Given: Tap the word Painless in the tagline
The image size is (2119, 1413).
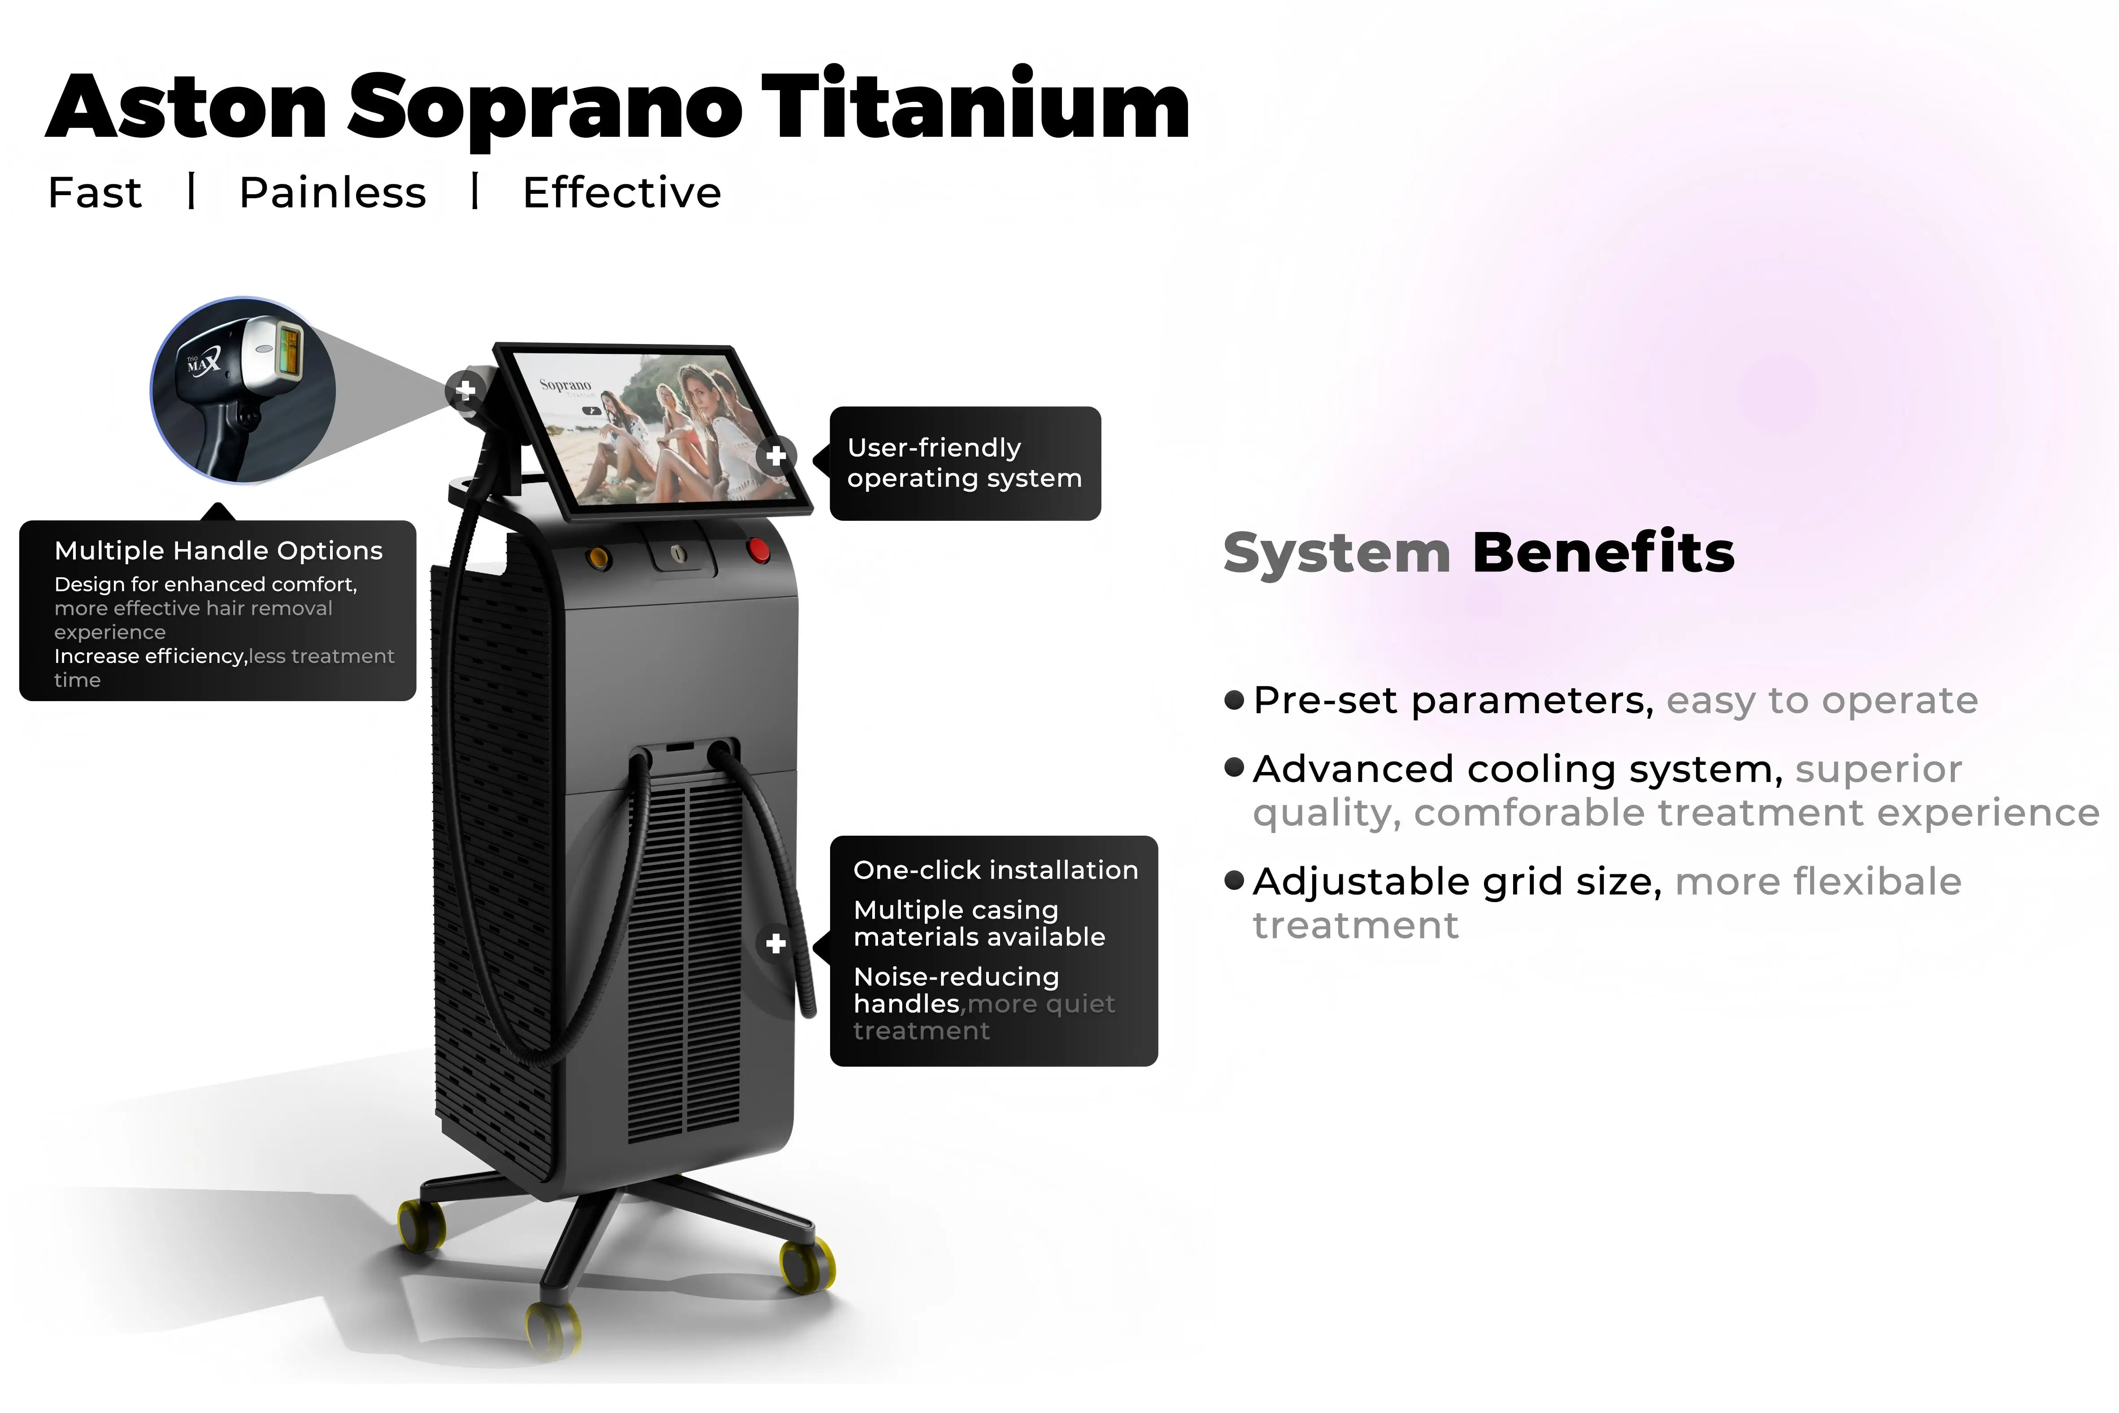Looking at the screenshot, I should click(332, 193).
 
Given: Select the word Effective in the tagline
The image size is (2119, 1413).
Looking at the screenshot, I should click(622, 193).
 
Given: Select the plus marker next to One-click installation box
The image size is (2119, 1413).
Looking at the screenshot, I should click(776, 943).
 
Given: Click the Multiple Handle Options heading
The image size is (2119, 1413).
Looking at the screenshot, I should click(218, 550).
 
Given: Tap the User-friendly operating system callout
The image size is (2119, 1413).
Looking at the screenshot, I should click(964, 463).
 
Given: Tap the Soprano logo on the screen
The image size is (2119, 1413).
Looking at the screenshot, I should click(565, 386).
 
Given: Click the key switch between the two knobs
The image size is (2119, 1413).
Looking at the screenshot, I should click(679, 553).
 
